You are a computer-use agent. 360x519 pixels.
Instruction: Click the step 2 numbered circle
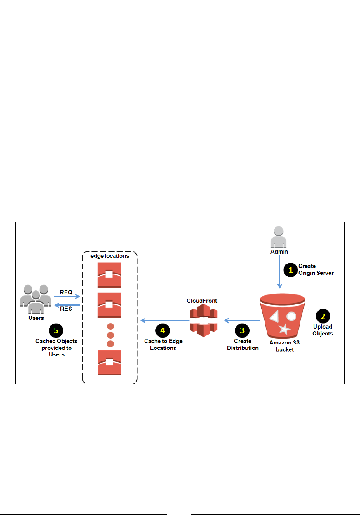[x=323, y=316]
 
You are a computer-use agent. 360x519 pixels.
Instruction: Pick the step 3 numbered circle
[x=242, y=330]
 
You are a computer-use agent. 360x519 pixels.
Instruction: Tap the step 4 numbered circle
[x=161, y=330]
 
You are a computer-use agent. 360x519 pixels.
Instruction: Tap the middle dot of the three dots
[x=110, y=335]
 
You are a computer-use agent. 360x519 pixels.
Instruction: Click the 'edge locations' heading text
[x=110, y=256]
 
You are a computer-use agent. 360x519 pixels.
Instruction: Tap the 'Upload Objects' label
[x=323, y=330]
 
